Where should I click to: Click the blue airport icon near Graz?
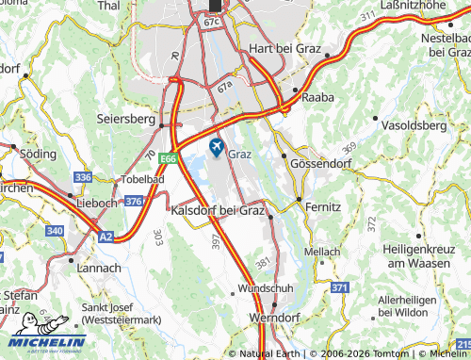(x=217, y=147)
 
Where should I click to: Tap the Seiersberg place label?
(x=124, y=120)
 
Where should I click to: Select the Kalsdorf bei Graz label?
(x=218, y=210)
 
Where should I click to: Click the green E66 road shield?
(x=168, y=158)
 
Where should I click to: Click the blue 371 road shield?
(x=340, y=286)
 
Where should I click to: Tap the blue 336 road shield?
(x=83, y=177)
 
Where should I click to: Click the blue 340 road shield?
(x=56, y=230)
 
